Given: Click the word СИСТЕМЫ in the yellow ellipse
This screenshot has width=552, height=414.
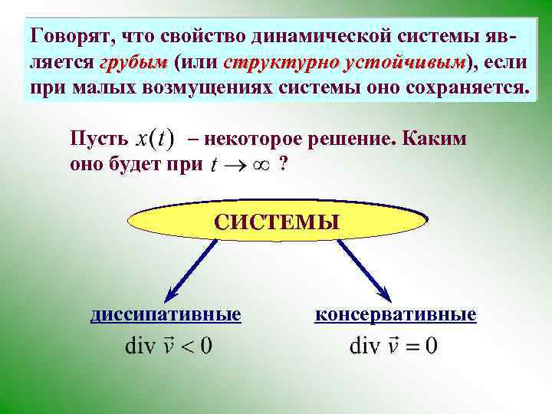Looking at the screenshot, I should [x=276, y=222].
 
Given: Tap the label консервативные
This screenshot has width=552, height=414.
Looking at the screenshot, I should [x=396, y=314].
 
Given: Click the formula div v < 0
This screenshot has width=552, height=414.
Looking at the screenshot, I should [x=169, y=347].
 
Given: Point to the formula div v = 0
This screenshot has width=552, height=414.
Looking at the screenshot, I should [x=394, y=347].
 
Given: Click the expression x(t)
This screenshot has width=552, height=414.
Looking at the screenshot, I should [x=155, y=139].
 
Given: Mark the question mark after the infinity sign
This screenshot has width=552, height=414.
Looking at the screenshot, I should [x=284, y=163].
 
